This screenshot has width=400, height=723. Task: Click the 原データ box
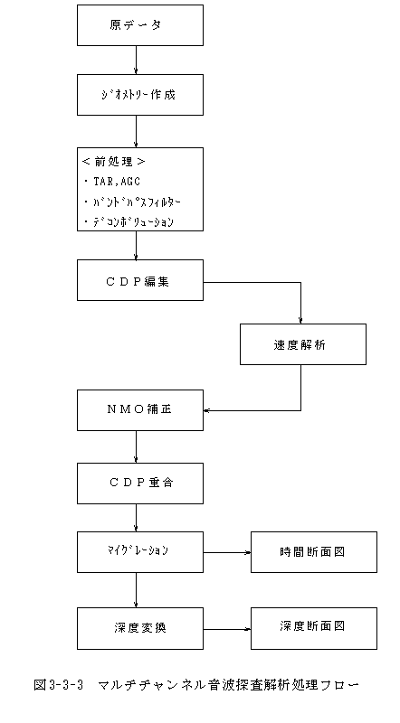pyautogui.click(x=140, y=25)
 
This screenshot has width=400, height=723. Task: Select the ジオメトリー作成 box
pyautogui.click(x=140, y=95)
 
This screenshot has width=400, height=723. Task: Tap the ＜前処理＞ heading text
pyautogui.click(x=114, y=162)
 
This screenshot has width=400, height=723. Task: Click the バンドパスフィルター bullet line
pyautogui.click(x=132, y=202)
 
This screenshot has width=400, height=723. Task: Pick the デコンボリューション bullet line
pyautogui.click(x=129, y=222)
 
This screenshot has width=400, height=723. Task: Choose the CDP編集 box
pyautogui.click(x=140, y=280)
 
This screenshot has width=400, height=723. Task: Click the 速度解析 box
pyautogui.click(x=303, y=344)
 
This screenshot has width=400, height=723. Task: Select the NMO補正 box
pyautogui.click(x=140, y=410)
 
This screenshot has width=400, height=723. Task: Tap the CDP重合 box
pyautogui.click(x=140, y=484)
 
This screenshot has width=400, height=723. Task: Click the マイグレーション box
pyautogui.click(x=140, y=552)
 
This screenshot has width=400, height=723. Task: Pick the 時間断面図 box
pyautogui.click(x=314, y=552)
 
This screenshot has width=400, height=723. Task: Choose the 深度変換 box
pyautogui.click(x=140, y=628)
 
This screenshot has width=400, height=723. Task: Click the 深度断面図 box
pyautogui.click(x=314, y=628)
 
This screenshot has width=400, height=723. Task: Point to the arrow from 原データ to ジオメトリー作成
pyautogui.click(x=136, y=60)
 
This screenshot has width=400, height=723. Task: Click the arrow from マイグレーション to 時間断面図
pyautogui.click(x=227, y=552)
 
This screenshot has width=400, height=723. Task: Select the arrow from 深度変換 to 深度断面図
pyautogui.click(x=227, y=629)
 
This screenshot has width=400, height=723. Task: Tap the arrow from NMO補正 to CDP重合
pyautogui.click(x=136, y=446)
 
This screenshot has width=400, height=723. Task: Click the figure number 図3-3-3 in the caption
pyautogui.click(x=58, y=685)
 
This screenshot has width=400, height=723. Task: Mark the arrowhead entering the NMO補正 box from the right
pyautogui.click(x=206, y=410)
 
